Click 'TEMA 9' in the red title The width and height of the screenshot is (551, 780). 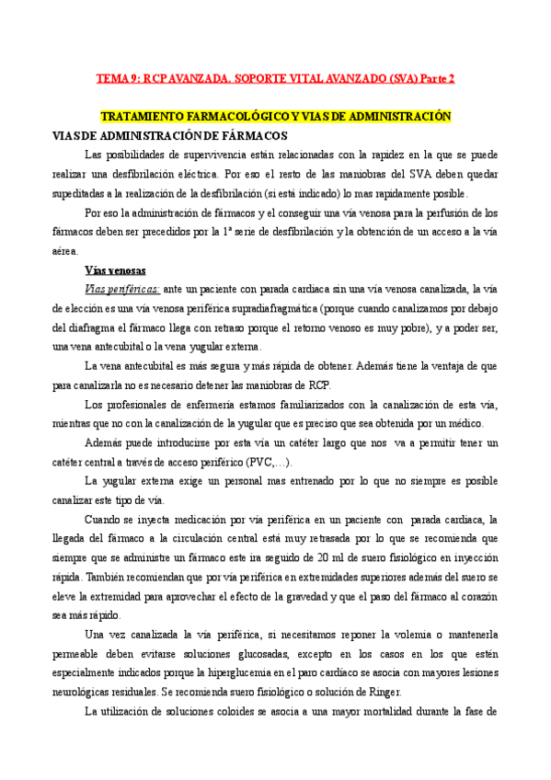point(119,79)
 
